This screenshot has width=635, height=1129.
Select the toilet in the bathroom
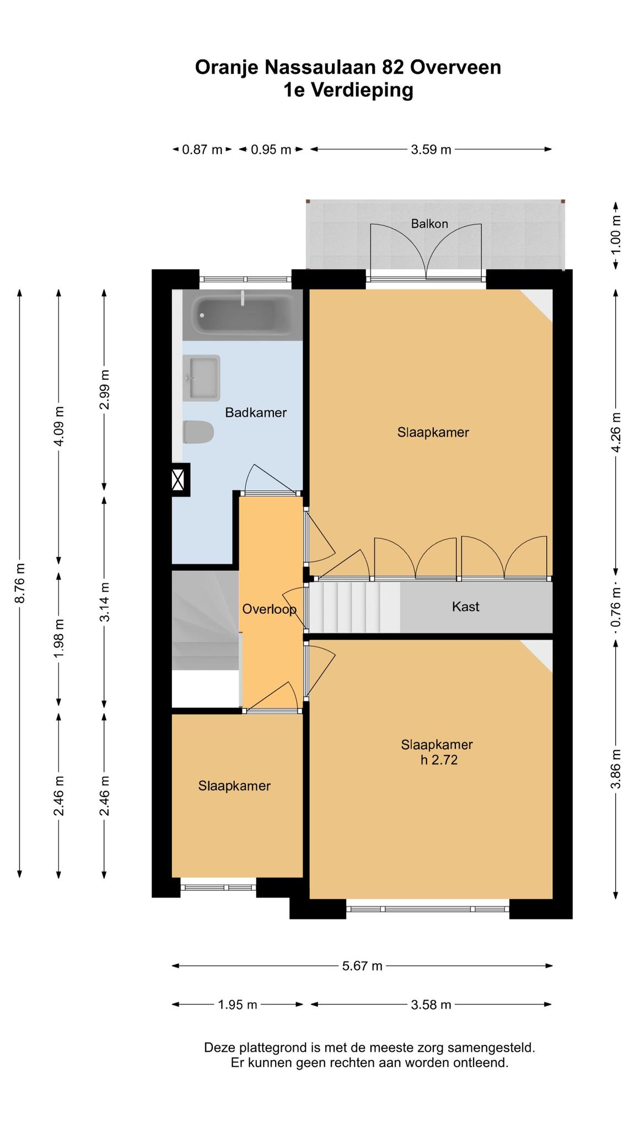(198, 433)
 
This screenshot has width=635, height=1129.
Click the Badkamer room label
(256, 412)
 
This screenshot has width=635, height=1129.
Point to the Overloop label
(270, 609)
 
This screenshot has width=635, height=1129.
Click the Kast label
(466, 606)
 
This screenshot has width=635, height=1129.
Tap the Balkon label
(429, 224)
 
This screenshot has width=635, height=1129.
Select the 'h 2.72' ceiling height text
(439, 760)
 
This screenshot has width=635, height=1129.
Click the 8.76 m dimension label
(20, 583)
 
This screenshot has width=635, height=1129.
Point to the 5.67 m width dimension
(362, 965)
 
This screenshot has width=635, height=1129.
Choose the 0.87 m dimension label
(202, 149)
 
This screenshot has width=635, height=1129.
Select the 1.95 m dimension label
(238, 1004)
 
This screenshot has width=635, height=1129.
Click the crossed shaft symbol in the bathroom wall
(178, 480)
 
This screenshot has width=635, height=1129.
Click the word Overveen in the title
(455, 67)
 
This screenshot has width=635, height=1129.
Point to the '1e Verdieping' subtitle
(348, 90)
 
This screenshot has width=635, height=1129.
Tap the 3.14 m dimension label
(105, 602)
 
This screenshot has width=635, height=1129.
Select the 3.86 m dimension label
(616, 769)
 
